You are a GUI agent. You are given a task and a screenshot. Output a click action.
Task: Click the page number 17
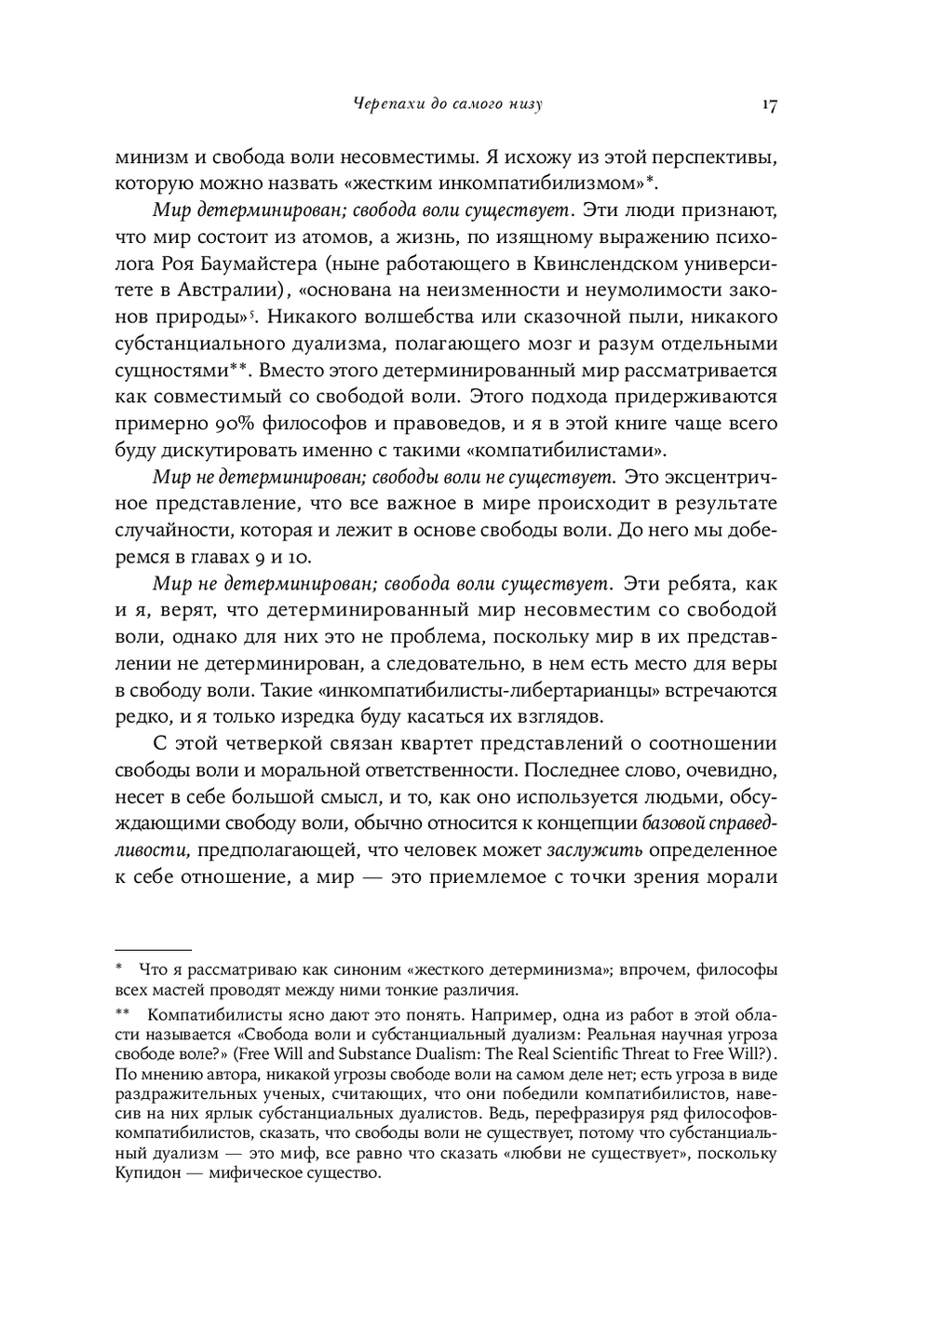[x=769, y=104]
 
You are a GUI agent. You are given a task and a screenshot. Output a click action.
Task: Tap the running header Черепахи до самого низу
[x=449, y=104]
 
